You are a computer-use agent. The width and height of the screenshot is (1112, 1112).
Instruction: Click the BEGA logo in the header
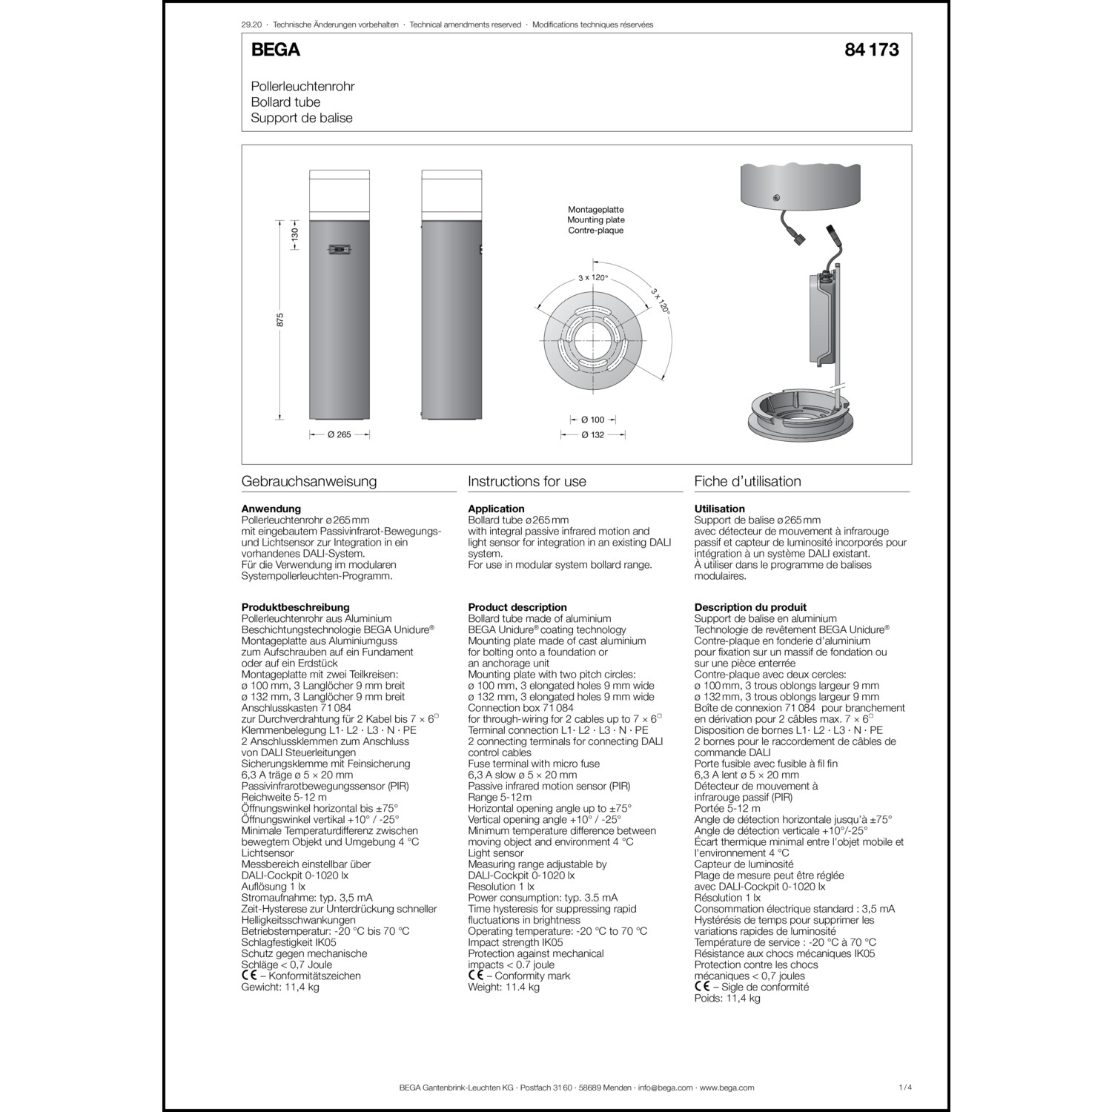275,50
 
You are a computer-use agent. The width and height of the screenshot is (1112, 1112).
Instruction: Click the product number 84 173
871,50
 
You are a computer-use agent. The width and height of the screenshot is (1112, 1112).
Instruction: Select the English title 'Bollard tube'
285,102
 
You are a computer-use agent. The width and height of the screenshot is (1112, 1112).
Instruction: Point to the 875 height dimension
280,320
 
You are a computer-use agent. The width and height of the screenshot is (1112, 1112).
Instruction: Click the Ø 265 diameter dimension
339,435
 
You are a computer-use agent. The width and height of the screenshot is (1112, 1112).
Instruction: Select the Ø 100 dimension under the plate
592,420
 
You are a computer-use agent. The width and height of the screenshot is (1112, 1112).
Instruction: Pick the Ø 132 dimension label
592,435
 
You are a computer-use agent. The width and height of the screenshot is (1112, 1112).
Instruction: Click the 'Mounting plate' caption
595,220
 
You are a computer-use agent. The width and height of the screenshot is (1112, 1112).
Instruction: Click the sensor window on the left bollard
339,251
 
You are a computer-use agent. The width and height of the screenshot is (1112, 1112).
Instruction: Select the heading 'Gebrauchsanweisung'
309,482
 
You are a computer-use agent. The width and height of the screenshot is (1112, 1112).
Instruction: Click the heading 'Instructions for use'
527,482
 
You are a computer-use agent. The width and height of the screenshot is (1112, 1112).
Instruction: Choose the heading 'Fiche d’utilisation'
747,482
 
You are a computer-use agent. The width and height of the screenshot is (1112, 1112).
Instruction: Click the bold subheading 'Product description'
517,607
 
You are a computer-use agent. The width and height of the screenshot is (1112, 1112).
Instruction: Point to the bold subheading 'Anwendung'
271,509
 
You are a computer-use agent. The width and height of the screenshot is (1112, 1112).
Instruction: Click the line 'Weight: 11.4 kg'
505,987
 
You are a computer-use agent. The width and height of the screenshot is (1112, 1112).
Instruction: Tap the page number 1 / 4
904,1088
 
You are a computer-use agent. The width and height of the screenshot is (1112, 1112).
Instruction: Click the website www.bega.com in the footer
727,1088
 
